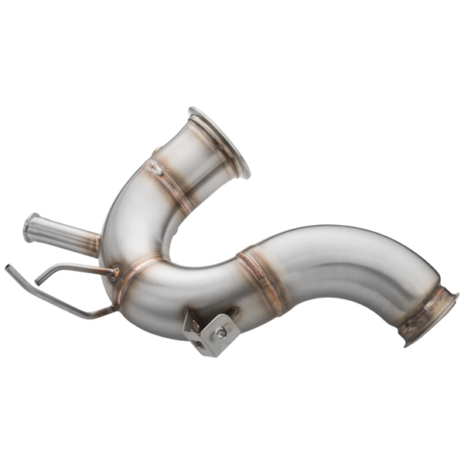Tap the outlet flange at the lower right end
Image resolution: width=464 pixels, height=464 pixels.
[430, 318]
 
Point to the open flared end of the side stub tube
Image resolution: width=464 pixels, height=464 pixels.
[31, 227]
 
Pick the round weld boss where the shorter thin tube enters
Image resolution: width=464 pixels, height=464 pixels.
[116, 271]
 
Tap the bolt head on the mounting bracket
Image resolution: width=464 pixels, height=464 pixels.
[221, 333]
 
